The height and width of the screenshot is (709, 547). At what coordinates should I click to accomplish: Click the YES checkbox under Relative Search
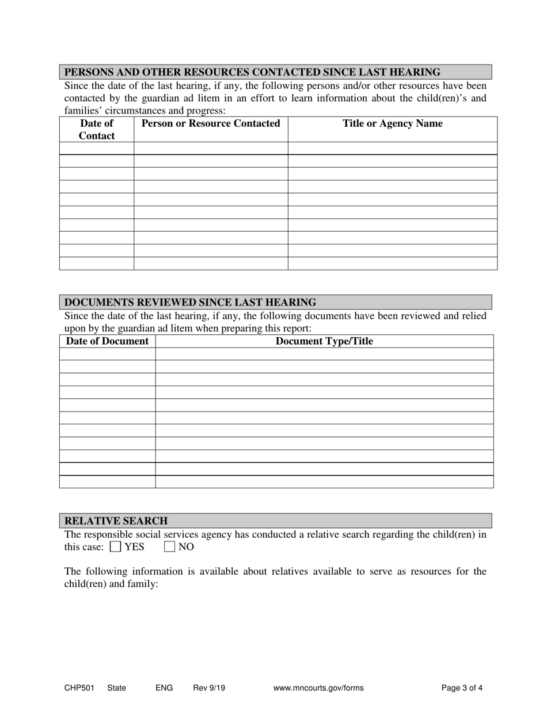[x=115, y=546]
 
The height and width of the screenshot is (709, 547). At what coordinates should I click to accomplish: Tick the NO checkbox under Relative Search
[x=169, y=546]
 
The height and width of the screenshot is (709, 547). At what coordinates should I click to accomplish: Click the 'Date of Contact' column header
[x=97, y=129]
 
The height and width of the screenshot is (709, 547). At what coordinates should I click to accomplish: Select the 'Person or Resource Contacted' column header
[x=211, y=123]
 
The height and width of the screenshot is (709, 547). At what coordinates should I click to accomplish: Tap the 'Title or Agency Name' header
[x=393, y=123]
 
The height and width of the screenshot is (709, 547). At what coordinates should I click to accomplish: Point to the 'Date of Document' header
[x=108, y=341]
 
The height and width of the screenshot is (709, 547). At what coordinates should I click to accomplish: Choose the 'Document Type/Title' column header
[x=324, y=341]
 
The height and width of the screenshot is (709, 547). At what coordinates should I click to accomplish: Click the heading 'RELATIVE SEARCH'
[x=116, y=521]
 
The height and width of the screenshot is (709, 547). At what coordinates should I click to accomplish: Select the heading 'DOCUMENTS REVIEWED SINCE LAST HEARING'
[x=190, y=302]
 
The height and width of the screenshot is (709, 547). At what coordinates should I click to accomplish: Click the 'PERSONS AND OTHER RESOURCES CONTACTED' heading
[x=252, y=72]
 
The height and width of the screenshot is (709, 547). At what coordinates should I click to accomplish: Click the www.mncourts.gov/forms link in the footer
[x=318, y=688]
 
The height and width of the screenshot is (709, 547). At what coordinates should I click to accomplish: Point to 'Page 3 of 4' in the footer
[x=462, y=688]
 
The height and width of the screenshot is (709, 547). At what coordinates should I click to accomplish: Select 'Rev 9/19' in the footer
[x=209, y=688]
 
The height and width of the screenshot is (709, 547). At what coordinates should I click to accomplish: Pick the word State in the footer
[x=116, y=688]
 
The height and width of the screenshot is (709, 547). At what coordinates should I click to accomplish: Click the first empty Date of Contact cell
[x=97, y=149]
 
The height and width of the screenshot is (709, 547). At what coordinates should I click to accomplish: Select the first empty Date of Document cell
[x=108, y=354]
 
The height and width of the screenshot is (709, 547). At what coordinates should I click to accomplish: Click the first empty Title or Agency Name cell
[x=393, y=149]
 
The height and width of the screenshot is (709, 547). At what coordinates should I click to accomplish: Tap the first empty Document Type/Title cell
[x=324, y=354]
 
